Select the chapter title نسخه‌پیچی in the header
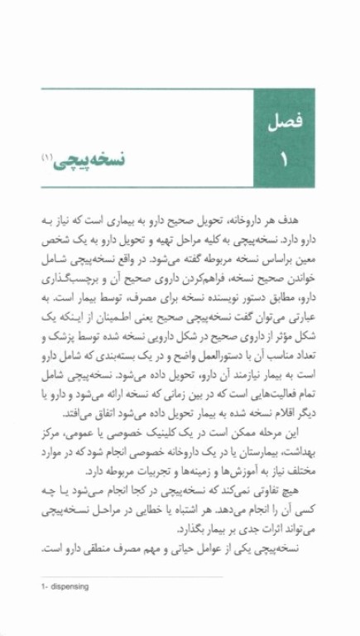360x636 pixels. tap(92, 157)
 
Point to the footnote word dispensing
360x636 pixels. tap(67, 586)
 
